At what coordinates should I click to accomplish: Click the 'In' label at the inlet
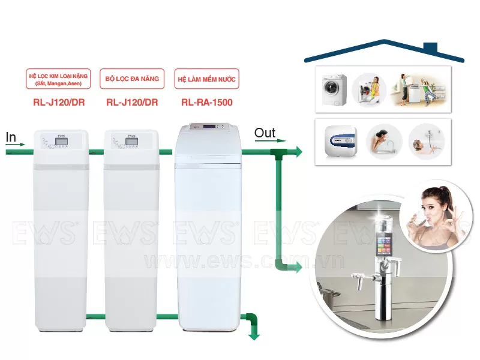11,137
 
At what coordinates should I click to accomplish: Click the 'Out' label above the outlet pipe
265,133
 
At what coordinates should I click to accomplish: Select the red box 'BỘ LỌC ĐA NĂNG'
131,79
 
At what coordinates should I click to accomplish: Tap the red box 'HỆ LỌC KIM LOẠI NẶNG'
59,79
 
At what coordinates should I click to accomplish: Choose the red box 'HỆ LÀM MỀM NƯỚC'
206,79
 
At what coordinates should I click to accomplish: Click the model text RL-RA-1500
206,103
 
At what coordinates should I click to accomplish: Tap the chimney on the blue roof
430,48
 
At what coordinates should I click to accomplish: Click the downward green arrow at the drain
254,333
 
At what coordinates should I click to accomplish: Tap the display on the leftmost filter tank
60,142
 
